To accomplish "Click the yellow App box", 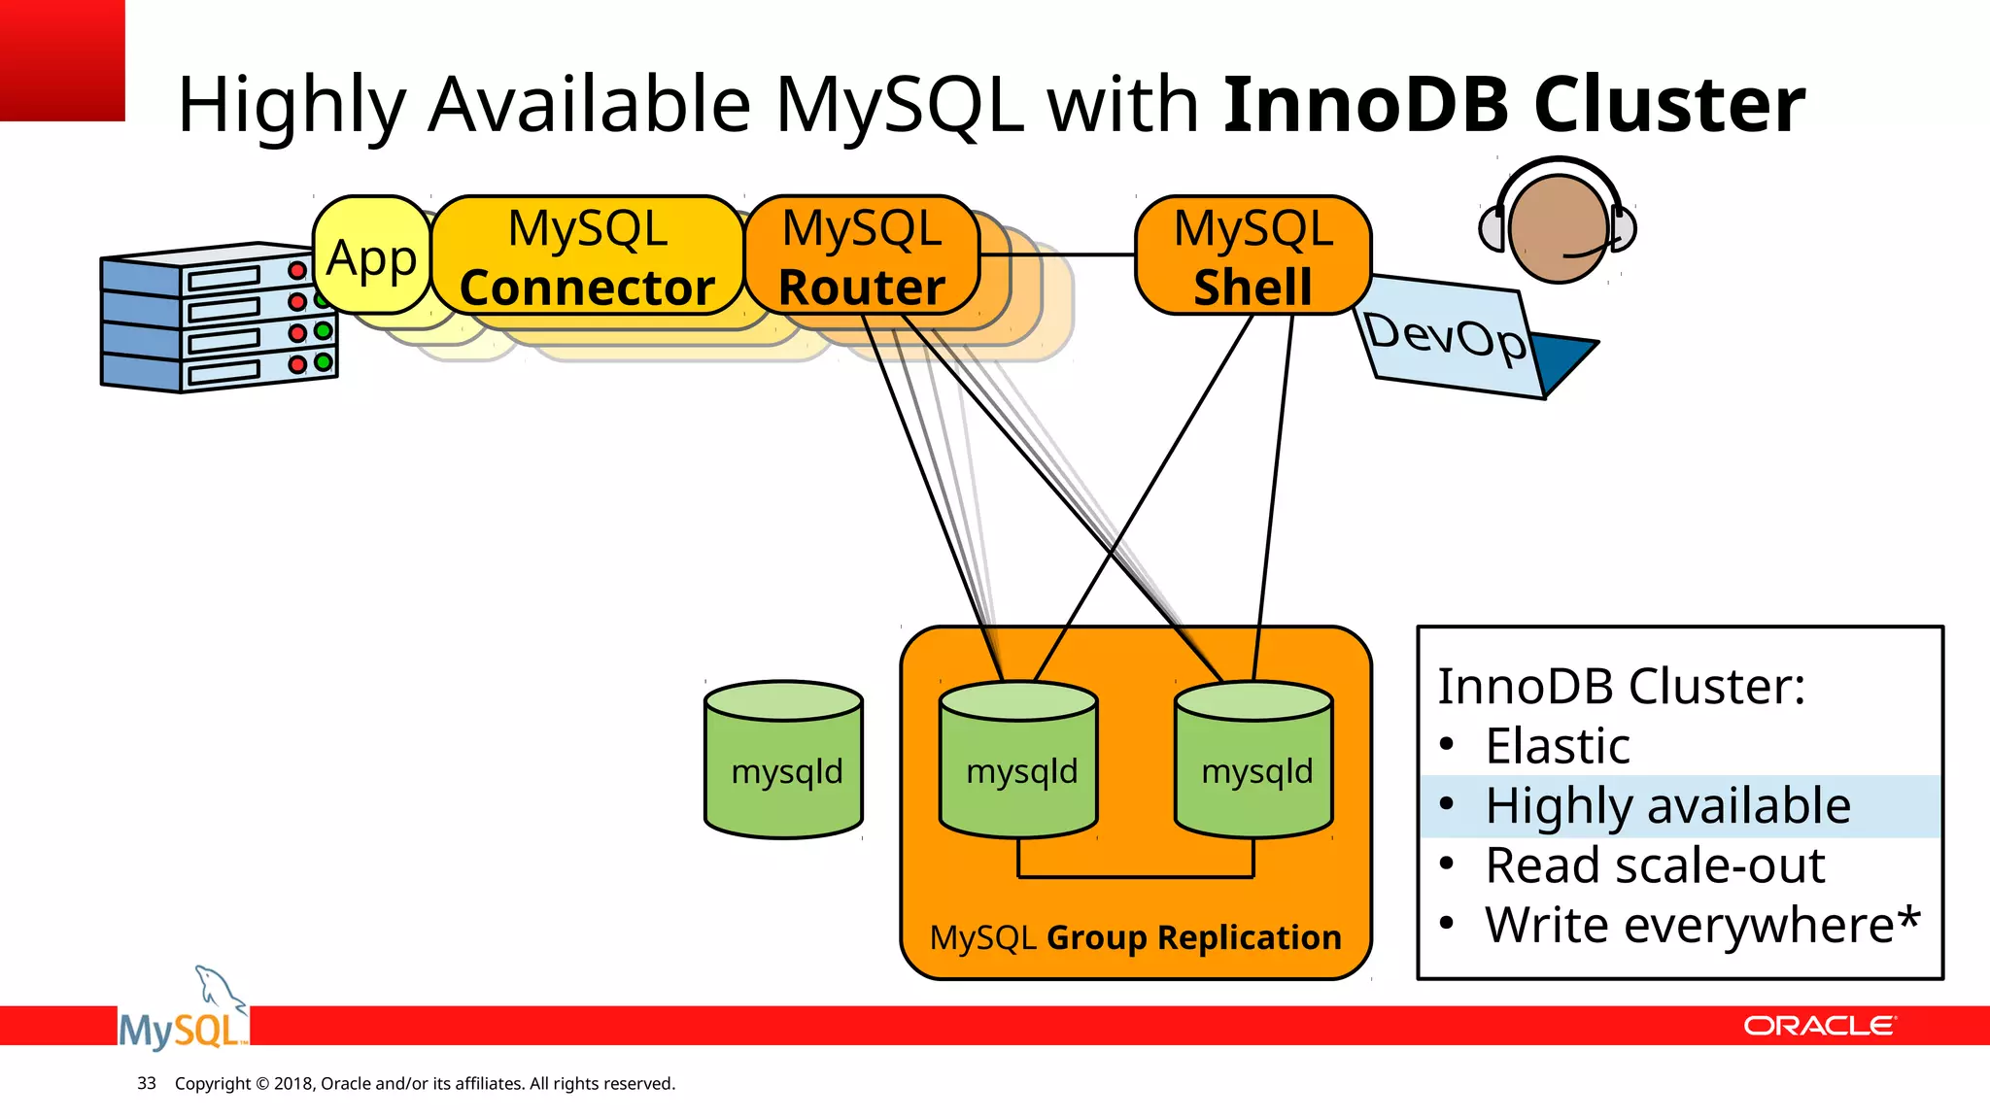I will coord(371,256).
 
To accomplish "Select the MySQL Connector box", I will coord(587,256).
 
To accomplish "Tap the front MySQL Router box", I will coord(861,256).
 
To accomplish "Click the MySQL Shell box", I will coord(1252,256).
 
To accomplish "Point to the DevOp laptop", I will coord(1458,340).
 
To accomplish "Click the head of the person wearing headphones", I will coord(1558,228).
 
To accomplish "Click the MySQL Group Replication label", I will coord(1135,937).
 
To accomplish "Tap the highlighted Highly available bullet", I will coord(1667,806).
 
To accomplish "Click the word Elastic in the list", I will coord(1558,746).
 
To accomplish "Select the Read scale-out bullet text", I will coord(1655,865).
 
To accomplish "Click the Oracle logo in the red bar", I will coord(1818,1026).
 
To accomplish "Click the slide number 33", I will coord(147,1083).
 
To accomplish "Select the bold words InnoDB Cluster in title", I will coord(1514,104).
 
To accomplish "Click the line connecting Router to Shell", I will coord(1057,254).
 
